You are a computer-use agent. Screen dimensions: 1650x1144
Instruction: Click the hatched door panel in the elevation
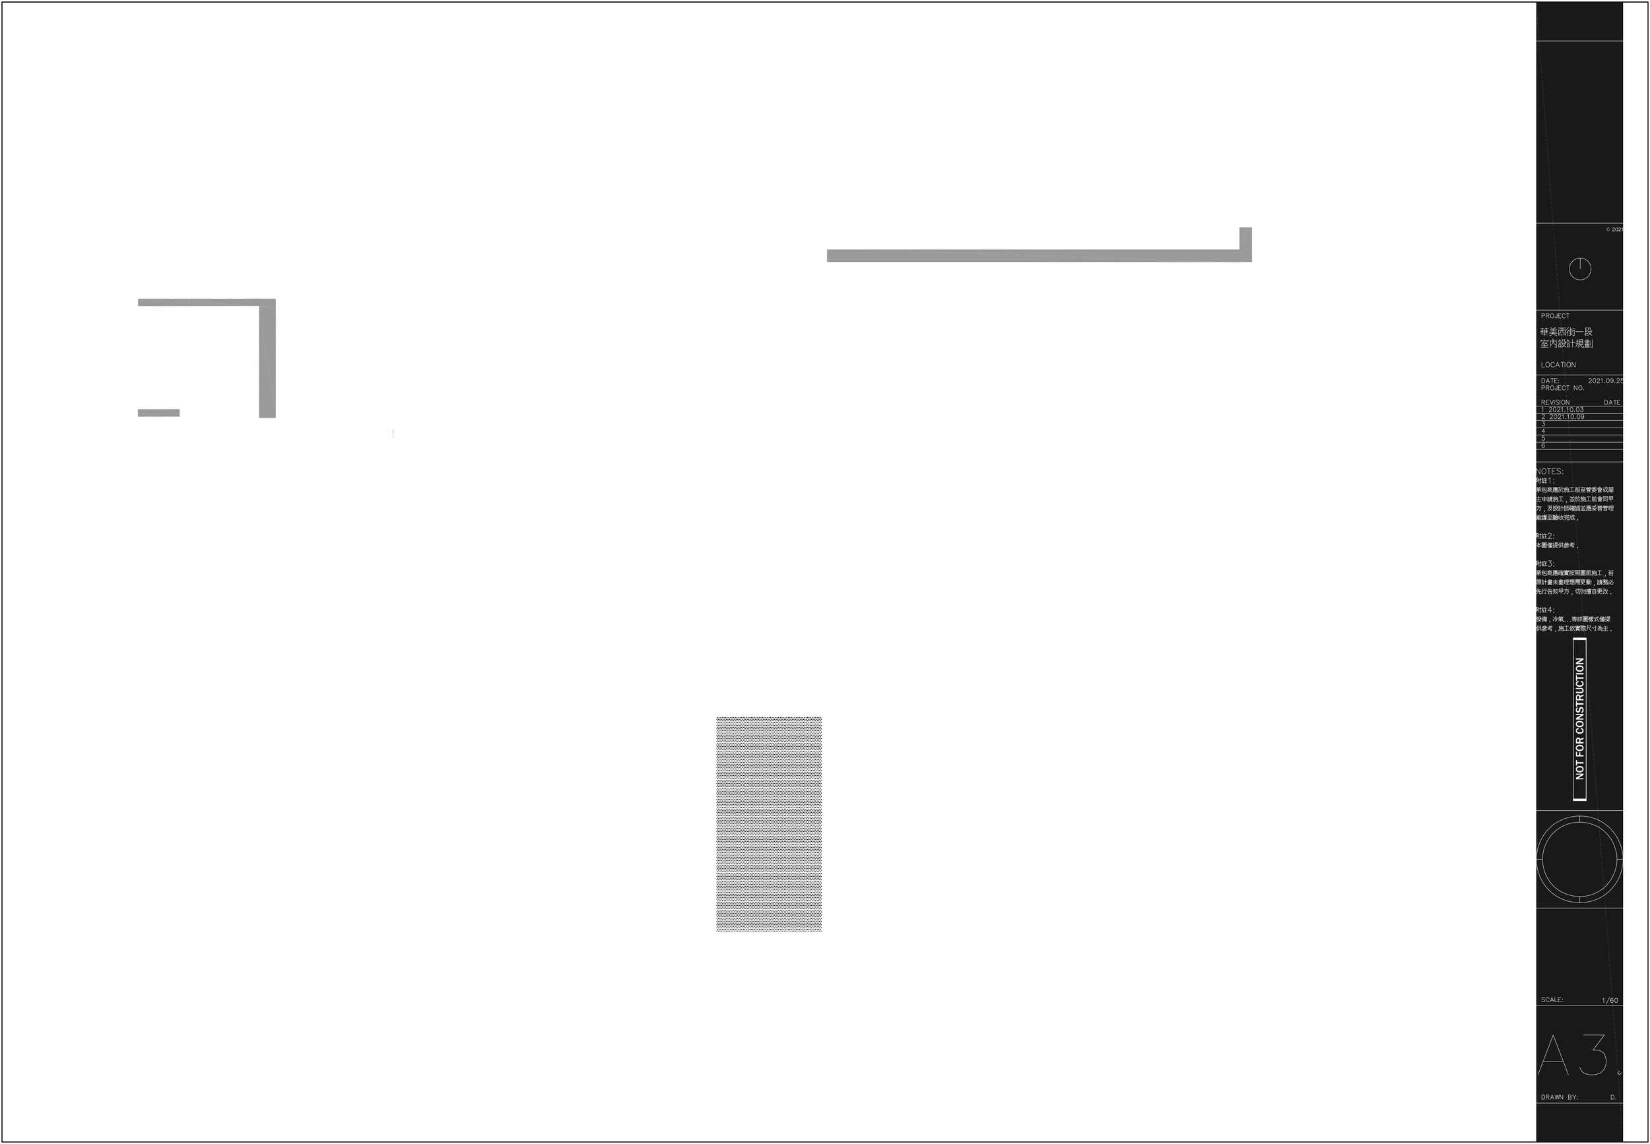769,823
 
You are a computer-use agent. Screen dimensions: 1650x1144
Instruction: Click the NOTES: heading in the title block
1550,472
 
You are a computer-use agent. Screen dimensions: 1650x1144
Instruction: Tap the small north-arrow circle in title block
1580,270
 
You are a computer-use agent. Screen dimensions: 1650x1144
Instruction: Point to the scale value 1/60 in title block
1610,1000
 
